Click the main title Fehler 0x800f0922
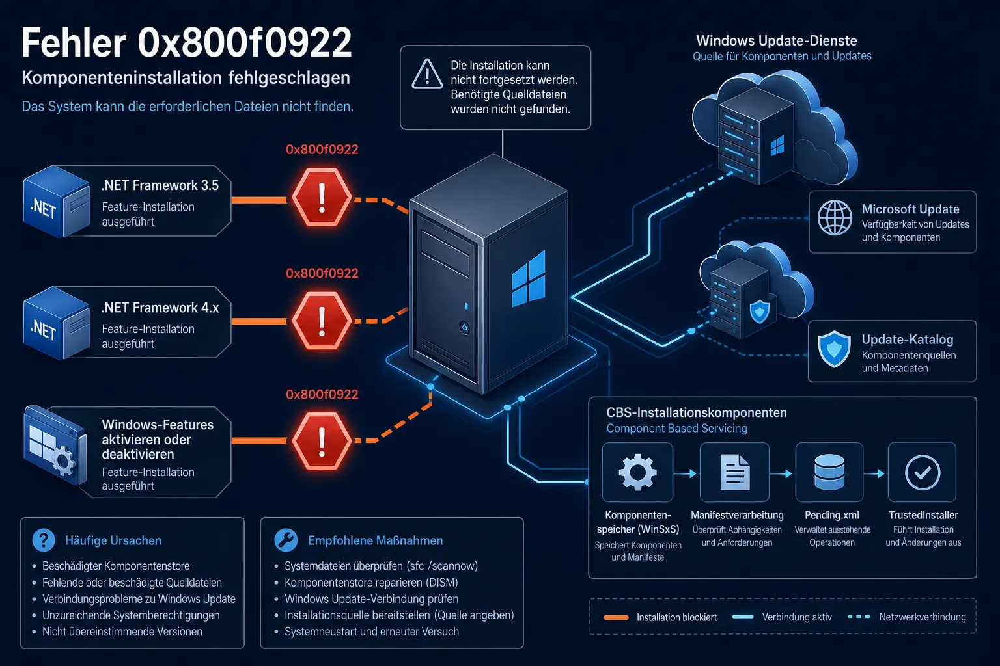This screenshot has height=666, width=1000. point(187,42)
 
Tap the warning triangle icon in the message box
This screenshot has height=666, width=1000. point(427,74)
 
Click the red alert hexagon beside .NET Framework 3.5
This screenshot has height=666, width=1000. point(322,196)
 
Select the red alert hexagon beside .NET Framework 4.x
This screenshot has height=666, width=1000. point(322,321)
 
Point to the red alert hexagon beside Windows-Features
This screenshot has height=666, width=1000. point(322,441)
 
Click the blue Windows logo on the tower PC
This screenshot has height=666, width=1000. point(528,279)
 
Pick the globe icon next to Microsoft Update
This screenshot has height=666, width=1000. point(835,217)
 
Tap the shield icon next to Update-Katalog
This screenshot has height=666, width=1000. point(834,349)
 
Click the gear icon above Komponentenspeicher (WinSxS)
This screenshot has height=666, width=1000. point(637,472)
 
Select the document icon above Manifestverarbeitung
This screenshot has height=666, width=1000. point(735,472)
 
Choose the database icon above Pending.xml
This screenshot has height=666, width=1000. point(829,472)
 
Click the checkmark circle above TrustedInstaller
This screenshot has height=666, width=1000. point(923,472)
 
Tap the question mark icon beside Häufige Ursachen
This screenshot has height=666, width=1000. point(44,540)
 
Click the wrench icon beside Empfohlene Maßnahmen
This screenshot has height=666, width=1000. point(286,540)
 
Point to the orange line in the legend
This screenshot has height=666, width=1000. point(616,617)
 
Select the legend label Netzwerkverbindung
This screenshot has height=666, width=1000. point(923,617)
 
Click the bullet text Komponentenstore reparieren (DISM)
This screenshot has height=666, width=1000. point(372,582)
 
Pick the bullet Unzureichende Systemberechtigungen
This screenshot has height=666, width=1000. point(131,615)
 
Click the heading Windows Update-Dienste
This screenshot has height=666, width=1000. point(776,40)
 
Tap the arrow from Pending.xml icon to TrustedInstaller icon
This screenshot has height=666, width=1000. point(875,473)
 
